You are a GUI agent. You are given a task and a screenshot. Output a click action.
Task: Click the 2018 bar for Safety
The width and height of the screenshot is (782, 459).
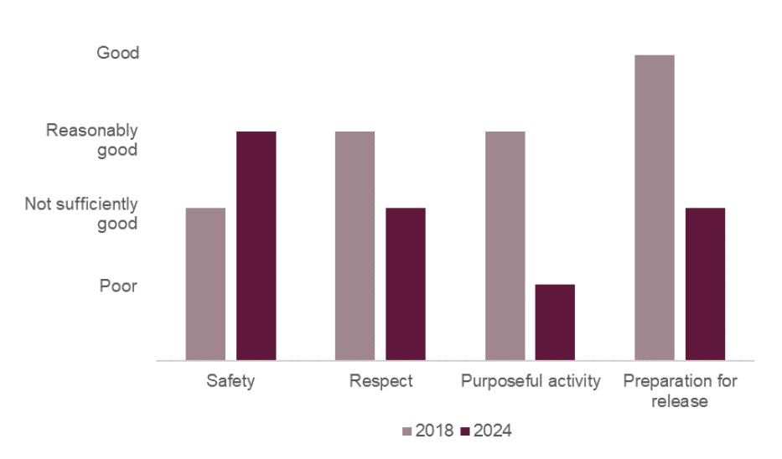(x=205, y=284)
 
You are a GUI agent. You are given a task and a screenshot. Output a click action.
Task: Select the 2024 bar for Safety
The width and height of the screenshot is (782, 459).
(x=256, y=246)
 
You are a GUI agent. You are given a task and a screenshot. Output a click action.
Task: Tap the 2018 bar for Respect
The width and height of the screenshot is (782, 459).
(x=355, y=246)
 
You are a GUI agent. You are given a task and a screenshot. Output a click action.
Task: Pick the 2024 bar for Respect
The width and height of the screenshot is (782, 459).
(x=406, y=284)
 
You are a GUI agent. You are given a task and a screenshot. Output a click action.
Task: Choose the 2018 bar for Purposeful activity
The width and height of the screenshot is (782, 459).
(x=505, y=246)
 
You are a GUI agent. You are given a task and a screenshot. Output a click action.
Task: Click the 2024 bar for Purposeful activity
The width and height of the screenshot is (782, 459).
(x=555, y=322)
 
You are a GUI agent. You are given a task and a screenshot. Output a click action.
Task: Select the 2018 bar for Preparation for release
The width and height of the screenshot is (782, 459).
(x=655, y=208)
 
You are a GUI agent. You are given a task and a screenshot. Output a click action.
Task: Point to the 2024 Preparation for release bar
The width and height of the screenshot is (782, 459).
(x=705, y=284)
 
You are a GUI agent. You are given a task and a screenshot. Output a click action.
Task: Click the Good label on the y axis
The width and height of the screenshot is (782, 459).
(x=118, y=53)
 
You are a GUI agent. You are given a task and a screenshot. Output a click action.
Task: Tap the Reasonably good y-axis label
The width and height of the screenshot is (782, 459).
(x=92, y=140)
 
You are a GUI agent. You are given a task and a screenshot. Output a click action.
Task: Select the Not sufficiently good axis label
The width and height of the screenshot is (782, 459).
(x=81, y=214)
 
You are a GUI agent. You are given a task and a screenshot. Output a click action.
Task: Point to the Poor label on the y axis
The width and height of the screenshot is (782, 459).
(x=118, y=286)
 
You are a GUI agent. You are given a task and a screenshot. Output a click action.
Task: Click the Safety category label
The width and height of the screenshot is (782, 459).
(x=230, y=382)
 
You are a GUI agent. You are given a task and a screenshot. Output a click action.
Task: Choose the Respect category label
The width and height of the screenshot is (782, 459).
(x=381, y=382)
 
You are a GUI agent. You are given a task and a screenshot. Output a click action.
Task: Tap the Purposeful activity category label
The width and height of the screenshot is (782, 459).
(x=531, y=382)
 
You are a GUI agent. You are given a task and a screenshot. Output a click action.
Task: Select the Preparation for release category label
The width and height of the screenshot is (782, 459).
(x=680, y=391)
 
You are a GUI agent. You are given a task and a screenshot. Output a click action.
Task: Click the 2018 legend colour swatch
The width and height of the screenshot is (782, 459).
(x=408, y=432)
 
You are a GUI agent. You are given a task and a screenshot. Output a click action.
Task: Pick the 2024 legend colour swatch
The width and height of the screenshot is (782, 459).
(x=466, y=432)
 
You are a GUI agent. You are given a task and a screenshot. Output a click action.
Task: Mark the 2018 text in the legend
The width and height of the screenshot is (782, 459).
(x=434, y=432)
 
